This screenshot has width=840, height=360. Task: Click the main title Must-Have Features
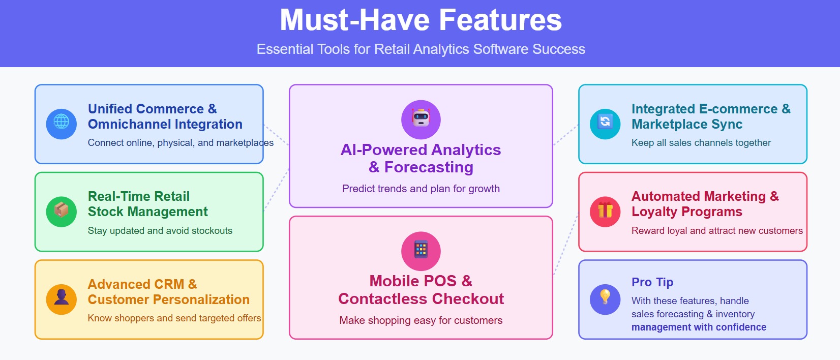(x=421, y=20)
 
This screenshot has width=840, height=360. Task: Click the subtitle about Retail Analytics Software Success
(x=421, y=49)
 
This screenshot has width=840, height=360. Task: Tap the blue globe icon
(x=62, y=124)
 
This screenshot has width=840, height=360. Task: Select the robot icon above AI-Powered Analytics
(x=421, y=119)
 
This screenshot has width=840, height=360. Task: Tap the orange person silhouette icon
(x=62, y=299)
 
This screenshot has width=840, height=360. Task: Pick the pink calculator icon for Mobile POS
(x=421, y=251)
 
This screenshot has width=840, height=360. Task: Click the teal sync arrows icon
(x=605, y=124)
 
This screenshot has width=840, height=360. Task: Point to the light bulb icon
(x=605, y=299)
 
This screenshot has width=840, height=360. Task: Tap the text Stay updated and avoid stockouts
(x=160, y=231)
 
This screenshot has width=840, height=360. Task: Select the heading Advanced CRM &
(x=142, y=284)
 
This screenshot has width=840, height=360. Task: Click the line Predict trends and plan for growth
(x=421, y=189)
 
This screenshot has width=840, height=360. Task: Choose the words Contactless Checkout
(x=421, y=299)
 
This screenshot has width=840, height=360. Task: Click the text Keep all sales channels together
(x=701, y=143)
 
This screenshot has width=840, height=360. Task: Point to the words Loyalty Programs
(x=686, y=212)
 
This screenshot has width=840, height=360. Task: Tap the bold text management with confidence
(x=699, y=327)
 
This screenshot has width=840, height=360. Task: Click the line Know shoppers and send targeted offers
(x=174, y=318)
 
